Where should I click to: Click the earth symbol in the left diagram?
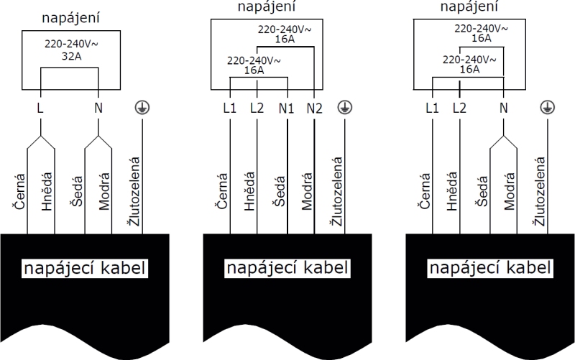(x=142, y=108)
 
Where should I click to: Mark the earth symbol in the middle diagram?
(x=345, y=108)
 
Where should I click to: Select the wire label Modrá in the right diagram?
(x=510, y=190)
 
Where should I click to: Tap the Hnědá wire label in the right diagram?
(x=452, y=190)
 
